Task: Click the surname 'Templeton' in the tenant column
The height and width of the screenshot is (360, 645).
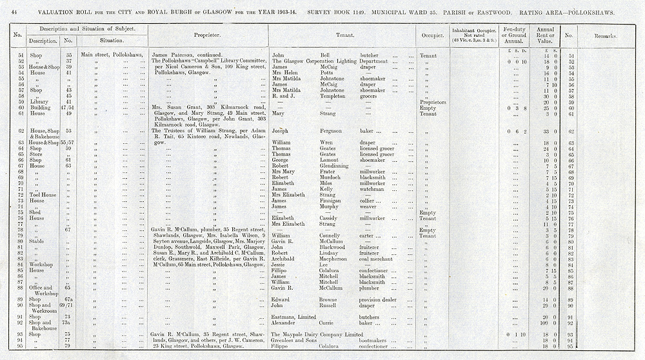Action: click(x=333, y=96)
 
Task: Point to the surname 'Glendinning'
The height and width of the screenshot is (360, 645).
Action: click(x=337, y=166)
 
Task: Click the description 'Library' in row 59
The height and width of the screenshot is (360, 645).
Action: click(x=39, y=102)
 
